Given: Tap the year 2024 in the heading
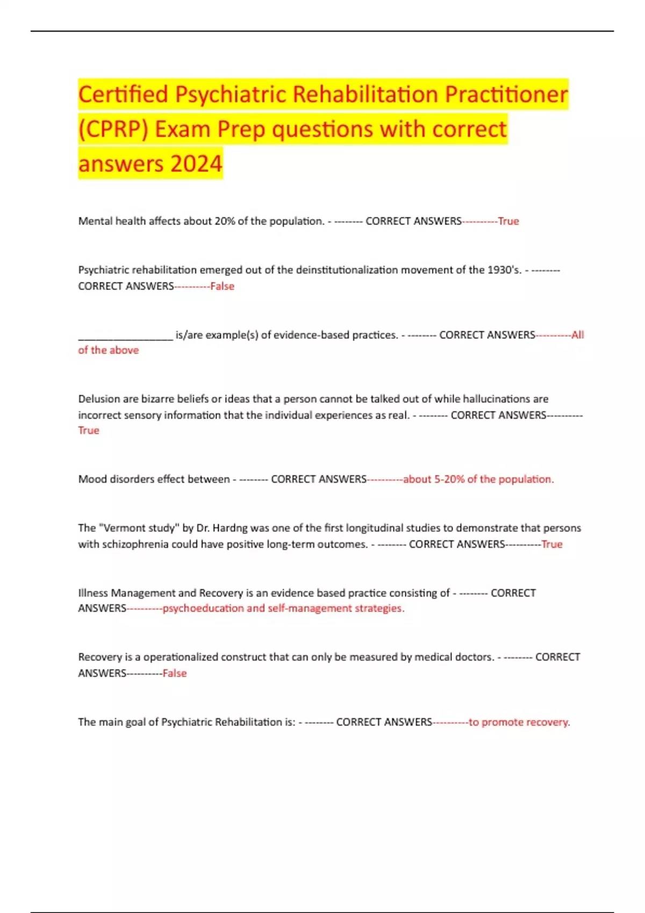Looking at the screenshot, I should click(195, 164).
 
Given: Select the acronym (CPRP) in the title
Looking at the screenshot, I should click(113, 129).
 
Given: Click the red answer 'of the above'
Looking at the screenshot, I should click(108, 350).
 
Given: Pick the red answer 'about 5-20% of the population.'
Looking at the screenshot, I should click(478, 479).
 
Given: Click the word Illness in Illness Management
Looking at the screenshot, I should click(93, 593).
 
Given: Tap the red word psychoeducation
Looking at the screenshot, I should click(203, 608).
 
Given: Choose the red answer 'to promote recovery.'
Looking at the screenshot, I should click(519, 722).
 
